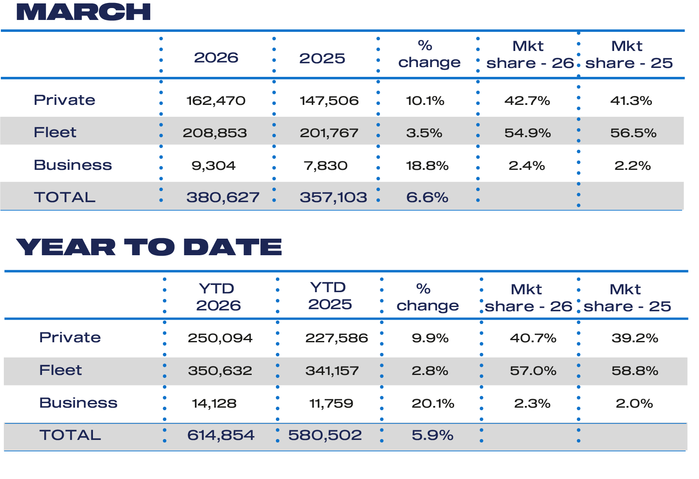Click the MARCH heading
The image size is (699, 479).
point(83,12)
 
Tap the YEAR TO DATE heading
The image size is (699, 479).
point(149,247)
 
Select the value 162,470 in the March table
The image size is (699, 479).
point(216,101)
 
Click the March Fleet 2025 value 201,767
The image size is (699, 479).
point(329,133)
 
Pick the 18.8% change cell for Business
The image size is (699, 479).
point(427,166)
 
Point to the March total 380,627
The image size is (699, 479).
point(223,197)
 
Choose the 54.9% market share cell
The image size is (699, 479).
point(528,133)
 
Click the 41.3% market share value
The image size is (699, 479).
point(631,101)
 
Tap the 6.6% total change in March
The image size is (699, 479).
point(427,197)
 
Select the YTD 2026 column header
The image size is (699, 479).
point(218,297)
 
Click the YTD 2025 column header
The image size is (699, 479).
point(330,296)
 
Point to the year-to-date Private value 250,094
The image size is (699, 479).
point(220,338)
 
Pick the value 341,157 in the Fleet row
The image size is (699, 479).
point(332,371)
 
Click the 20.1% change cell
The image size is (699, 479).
point(433,403)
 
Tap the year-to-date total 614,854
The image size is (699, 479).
point(221,435)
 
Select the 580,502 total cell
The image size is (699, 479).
point(325,435)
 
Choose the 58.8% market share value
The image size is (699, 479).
point(635,371)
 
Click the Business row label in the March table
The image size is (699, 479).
point(73,165)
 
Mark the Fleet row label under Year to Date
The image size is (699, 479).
point(60,370)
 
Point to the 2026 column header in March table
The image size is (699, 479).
point(216,58)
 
